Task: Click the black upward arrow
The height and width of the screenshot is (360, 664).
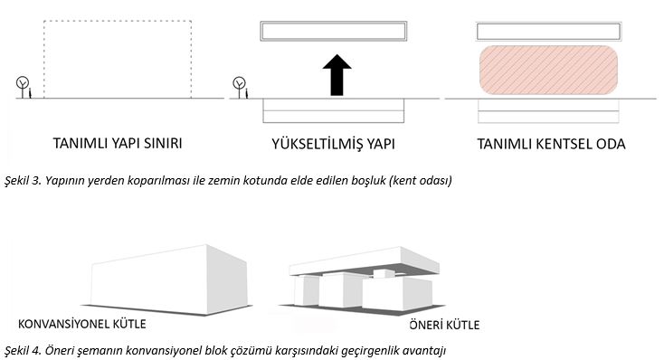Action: [337, 75]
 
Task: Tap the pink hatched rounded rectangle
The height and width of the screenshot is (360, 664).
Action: [548, 70]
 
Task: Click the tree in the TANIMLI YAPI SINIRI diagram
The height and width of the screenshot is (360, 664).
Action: [23, 87]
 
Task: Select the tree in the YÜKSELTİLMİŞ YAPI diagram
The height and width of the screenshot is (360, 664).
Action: [239, 87]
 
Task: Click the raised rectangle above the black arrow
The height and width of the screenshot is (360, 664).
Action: [334, 32]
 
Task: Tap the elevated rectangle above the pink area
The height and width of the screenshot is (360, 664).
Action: [549, 32]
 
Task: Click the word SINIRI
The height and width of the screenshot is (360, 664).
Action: [163, 143]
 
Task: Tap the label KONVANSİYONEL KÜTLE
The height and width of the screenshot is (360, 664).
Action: [82, 324]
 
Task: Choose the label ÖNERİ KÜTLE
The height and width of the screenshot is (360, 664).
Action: [444, 325]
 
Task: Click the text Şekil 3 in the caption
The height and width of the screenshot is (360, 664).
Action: [22, 180]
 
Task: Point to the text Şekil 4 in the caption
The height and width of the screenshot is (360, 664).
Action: [23, 350]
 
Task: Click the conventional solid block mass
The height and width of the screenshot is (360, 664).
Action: [169, 279]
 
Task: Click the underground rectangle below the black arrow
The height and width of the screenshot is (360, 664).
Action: [333, 111]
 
